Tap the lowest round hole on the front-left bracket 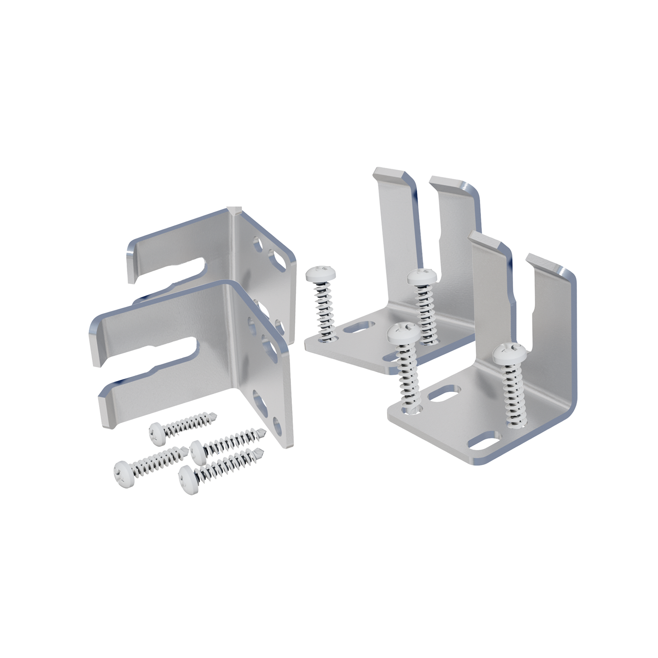[277, 424]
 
